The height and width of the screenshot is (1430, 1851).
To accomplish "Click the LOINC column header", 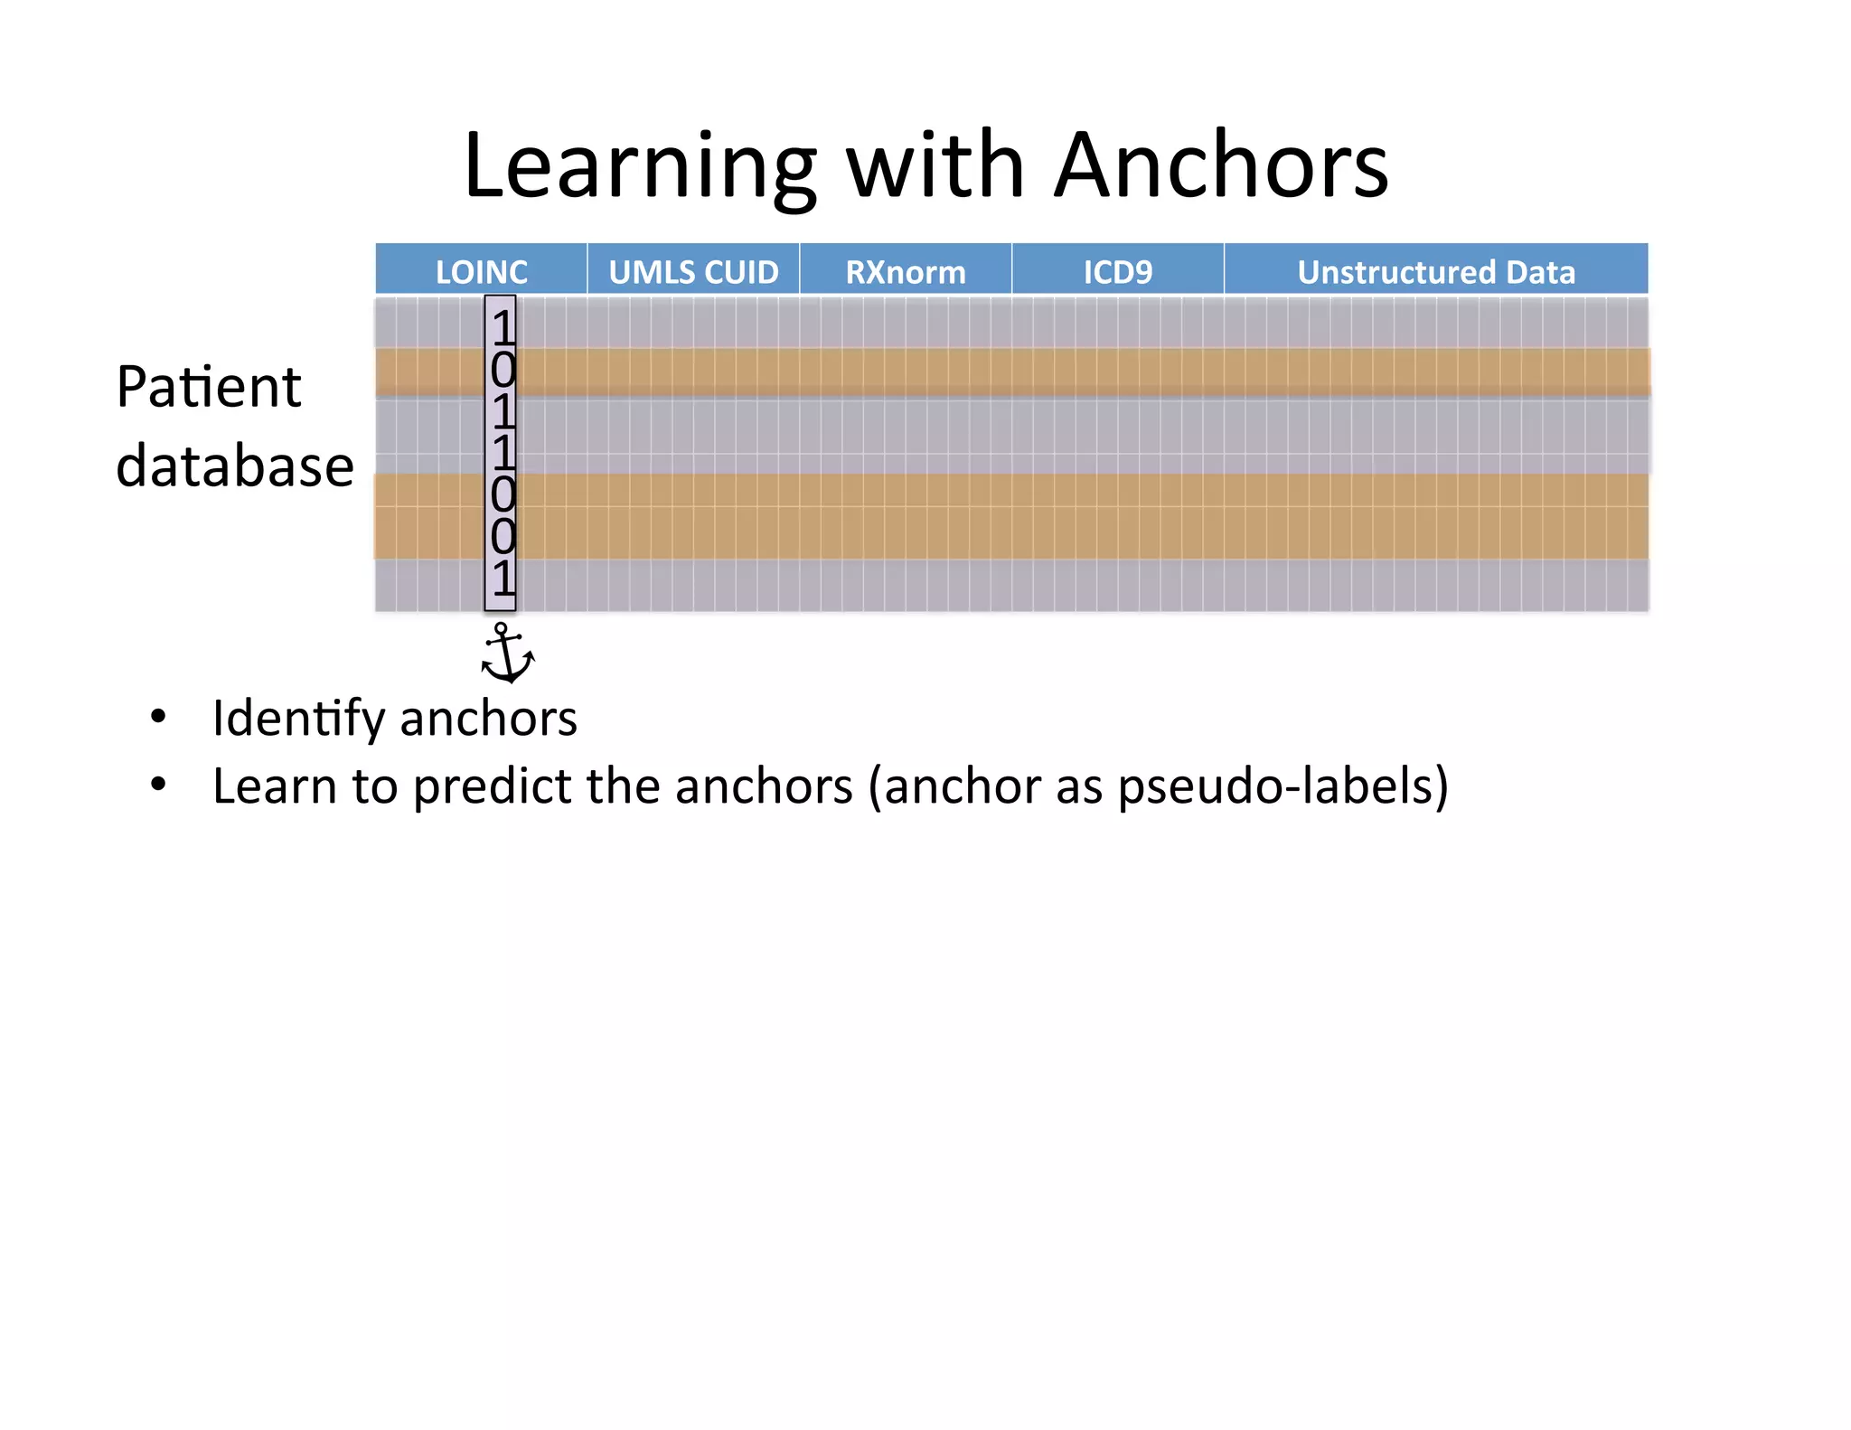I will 481,271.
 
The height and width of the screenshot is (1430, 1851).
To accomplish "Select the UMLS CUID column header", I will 693,271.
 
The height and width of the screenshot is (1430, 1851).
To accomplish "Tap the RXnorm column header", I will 906,271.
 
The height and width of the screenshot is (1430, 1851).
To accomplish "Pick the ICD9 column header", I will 1118,271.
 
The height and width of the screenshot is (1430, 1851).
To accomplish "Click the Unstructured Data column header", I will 1436,271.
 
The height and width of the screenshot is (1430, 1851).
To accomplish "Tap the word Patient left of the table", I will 209,388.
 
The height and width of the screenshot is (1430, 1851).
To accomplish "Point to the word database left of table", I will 235,466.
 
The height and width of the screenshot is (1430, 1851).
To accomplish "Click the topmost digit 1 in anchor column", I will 503,327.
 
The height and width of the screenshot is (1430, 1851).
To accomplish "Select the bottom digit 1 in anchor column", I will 503,579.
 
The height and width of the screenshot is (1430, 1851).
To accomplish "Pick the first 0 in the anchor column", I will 503,370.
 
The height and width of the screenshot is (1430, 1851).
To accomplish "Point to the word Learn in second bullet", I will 275,786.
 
